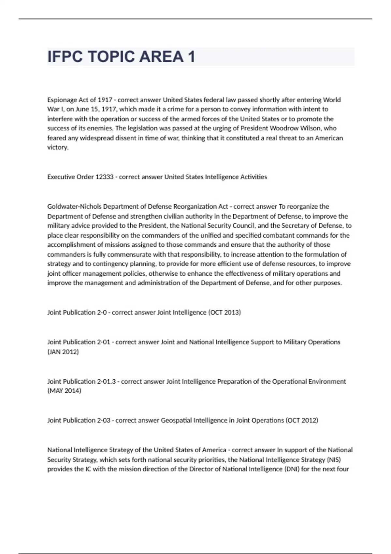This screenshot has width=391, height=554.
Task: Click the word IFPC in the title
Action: coord(65,57)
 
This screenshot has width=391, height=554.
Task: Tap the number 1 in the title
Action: coord(191,57)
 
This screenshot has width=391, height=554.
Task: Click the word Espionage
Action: coord(62,100)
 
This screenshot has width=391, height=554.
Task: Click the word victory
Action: coord(58,147)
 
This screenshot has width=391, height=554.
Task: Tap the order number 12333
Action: coord(104,177)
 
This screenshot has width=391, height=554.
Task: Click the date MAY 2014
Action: coord(64,390)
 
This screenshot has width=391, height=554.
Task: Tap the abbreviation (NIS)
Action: coord(334,459)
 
